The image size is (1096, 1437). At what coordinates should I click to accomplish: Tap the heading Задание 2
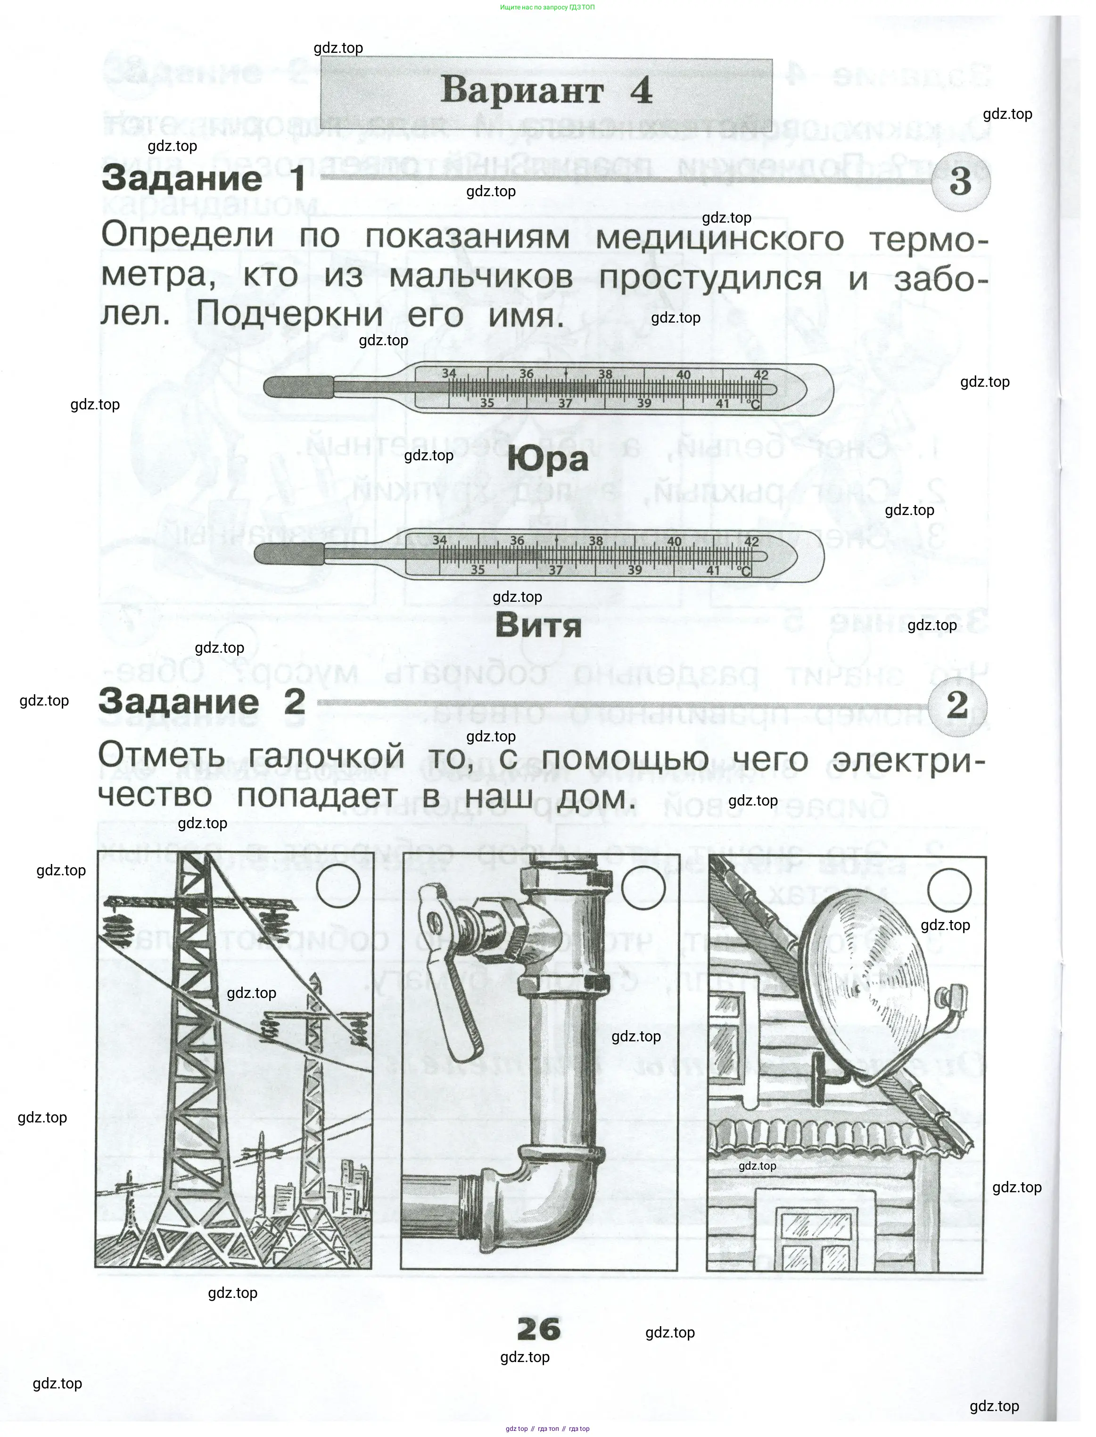202,702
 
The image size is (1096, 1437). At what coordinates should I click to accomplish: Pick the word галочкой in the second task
326,758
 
